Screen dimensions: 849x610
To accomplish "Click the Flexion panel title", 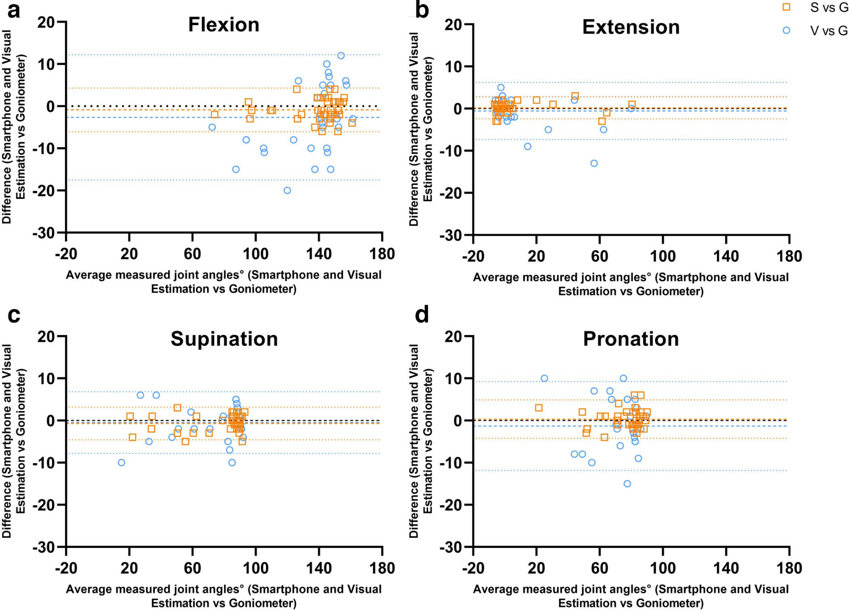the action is (x=224, y=25).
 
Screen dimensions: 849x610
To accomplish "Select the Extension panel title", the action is (x=631, y=27).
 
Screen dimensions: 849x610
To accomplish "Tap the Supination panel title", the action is (x=224, y=339).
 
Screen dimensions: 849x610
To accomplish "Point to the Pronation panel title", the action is (x=631, y=339).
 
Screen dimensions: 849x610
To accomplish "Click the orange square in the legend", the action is (x=786, y=7).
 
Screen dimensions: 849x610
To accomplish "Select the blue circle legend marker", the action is (x=786, y=30).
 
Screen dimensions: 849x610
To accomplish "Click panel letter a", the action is (x=14, y=11).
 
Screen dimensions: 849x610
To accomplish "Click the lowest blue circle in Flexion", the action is (x=287, y=190).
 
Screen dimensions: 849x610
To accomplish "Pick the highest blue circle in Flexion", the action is (x=341, y=56).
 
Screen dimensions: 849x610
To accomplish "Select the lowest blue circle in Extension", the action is (x=594, y=163).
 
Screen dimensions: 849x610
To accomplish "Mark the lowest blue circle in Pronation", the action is (x=627, y=484).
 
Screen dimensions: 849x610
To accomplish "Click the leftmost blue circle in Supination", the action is (x=121, y=462).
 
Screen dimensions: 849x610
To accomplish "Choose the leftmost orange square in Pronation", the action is (x=539, y=408).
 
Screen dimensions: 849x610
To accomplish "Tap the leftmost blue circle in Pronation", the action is (x=544, y=378).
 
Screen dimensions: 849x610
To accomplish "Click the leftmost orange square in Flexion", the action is (x=214, y=115).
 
